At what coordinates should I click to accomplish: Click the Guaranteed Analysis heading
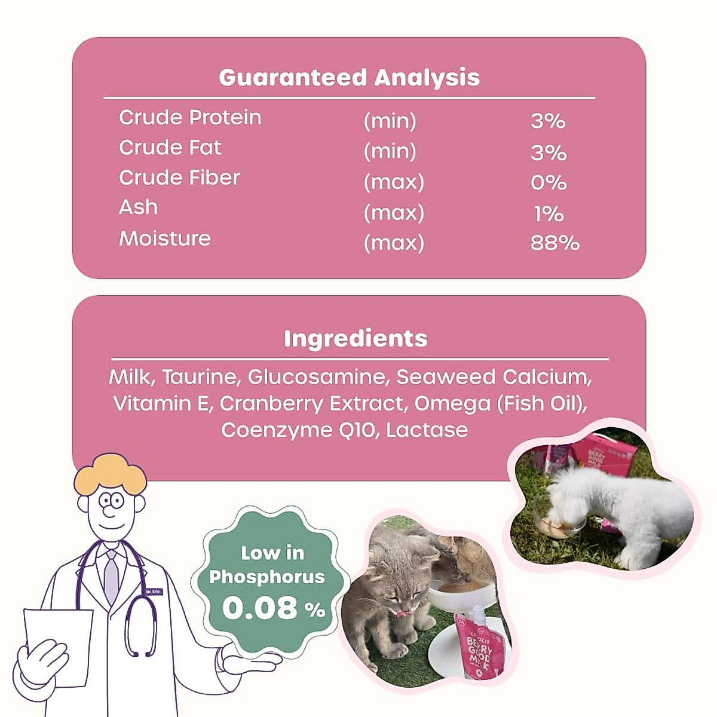tap(349, 78)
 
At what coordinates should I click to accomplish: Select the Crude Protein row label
tap(190, 118)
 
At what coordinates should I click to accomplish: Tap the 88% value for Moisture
tap(554, 243)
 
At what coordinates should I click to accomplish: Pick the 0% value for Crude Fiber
tap(549, 182)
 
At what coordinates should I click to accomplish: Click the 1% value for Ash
tap(549, 213)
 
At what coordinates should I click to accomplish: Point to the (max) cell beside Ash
tap(394, 213)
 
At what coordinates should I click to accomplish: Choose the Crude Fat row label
tap(170, 148)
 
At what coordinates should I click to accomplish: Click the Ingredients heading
tap(356, 339)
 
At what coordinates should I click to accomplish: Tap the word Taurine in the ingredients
tap(200, 378)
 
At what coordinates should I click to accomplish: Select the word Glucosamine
tap(317, 378)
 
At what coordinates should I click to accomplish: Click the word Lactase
tap(427, 430)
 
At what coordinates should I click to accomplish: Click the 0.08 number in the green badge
tap(260, 608)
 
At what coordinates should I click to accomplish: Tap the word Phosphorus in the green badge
tap(267, 577)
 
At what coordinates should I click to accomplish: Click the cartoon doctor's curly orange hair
tap(111, 471)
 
